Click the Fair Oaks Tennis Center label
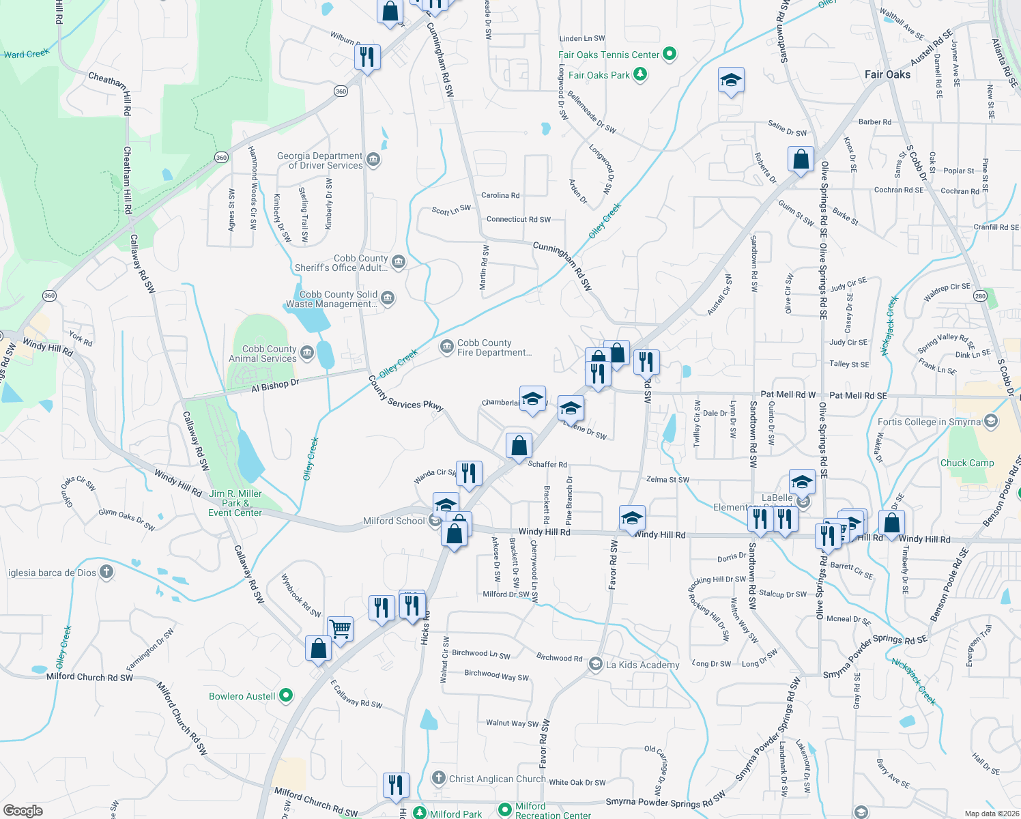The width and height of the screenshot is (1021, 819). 609,55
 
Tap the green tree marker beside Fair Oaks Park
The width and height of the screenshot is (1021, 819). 640,74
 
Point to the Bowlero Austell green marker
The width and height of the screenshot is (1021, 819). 286,695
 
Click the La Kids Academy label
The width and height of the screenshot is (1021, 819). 642,665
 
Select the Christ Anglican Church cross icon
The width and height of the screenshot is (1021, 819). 439,778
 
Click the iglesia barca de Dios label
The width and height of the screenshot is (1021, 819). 52,573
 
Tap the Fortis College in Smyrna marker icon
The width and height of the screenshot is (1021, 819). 991,421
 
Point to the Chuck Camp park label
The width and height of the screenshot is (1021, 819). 967,463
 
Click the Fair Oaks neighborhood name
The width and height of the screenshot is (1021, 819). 887,74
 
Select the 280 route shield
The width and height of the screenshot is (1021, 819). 981,296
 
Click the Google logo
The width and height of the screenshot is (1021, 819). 23,810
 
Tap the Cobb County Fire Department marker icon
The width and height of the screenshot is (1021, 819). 447,347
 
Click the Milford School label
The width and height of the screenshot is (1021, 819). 394,521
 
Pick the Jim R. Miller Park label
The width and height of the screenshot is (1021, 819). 235,503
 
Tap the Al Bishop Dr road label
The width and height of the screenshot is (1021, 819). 275,386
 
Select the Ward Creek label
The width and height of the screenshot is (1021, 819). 27,54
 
